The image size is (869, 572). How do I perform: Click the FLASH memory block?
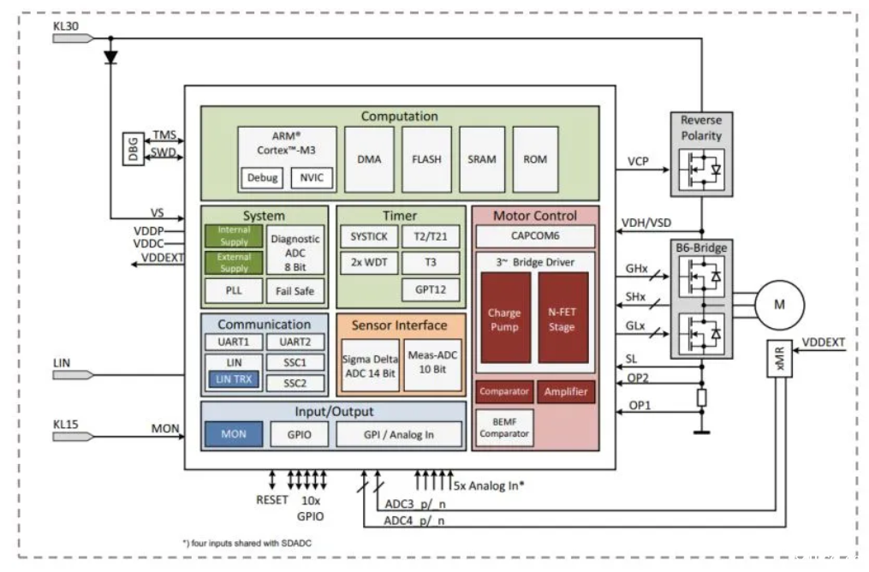[426, 159]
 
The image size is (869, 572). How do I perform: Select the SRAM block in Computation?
[482, 159]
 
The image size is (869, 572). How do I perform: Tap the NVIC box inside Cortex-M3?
[307, 178]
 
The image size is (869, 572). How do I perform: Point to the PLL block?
[234, 291]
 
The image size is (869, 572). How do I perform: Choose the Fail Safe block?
[295, 291]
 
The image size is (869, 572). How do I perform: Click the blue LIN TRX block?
[232, 379]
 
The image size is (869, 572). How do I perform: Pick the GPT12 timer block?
[431, 290]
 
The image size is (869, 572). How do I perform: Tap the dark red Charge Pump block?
[504, 319]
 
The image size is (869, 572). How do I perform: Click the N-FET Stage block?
[562, 319]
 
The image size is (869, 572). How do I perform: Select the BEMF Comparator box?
[503, 427]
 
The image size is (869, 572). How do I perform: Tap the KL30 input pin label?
[65, 27]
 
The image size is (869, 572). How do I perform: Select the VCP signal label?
[638, 161]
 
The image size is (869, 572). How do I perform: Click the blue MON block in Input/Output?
[234, 434]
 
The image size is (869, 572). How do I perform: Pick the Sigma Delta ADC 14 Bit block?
[370, 365]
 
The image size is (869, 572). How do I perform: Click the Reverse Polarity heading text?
[700, 128]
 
